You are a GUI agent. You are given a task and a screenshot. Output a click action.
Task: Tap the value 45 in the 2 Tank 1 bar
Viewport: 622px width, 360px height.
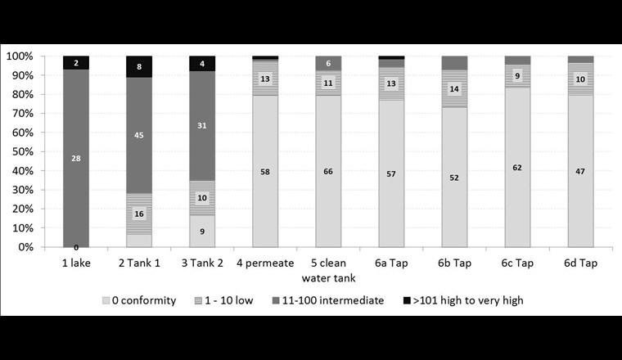pyautogui.click(x=139, y=135)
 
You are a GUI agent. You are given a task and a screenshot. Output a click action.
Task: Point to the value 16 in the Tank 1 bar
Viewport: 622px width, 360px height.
pyautogui.click(x=139, y=214)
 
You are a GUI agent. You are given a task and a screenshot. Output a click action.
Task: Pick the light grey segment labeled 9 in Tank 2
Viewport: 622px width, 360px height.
pyautogui.click(x=202, y=231)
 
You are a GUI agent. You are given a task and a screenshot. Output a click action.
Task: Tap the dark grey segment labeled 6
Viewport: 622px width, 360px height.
pyautogui.click(x=328, y=64)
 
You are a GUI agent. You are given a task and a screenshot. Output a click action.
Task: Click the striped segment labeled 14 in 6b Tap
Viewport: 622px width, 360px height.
pyautogui.click(x=454, y=88)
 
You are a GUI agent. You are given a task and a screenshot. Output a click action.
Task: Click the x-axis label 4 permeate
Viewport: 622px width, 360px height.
pyautogui.click(x=265, y=264)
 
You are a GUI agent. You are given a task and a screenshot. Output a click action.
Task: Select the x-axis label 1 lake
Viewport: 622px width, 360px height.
pyautogui.click(x=76, y=264)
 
